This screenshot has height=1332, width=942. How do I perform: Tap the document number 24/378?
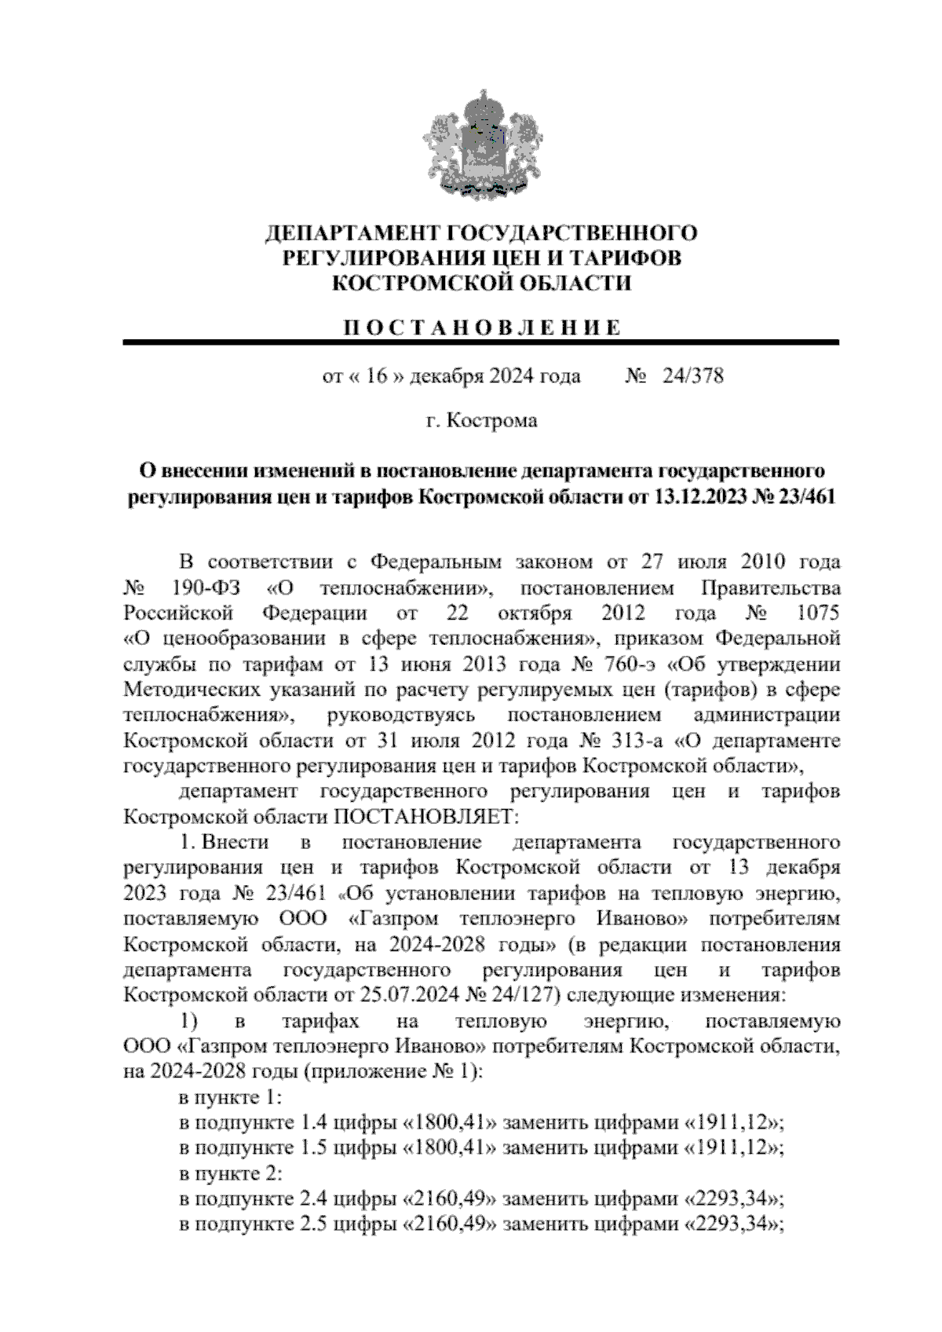(693, 376)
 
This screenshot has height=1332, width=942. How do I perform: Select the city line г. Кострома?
(481, 421)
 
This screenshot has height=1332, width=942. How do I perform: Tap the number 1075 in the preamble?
(817, 613)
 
